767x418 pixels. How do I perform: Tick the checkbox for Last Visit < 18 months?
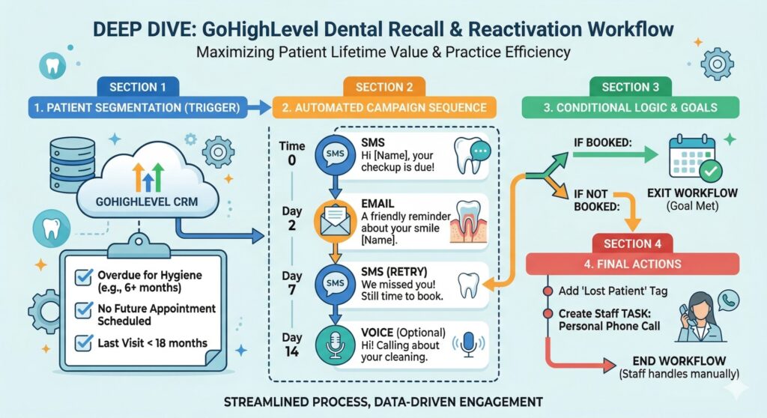[x=84, y=343]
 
